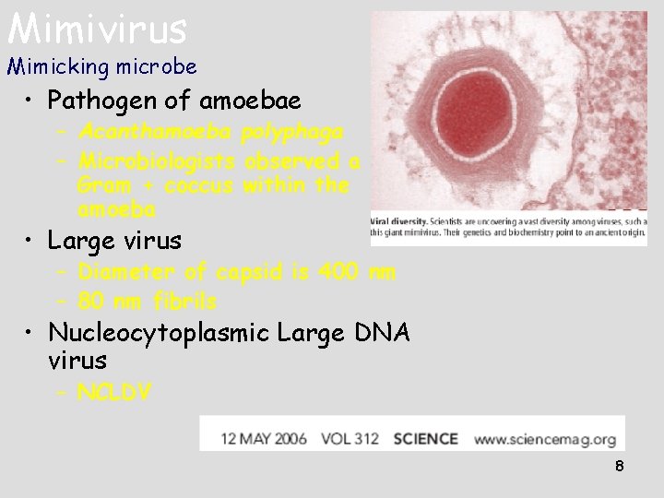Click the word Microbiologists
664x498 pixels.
[x=158, y=161]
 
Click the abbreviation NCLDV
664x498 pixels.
[x=114, y=394]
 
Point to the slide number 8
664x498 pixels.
[x=620, y=466]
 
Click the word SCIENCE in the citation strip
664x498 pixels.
[x=425, y=439]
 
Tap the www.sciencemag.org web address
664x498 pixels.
[x=545, y=439]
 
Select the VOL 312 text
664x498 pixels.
[x=350, y=439]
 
